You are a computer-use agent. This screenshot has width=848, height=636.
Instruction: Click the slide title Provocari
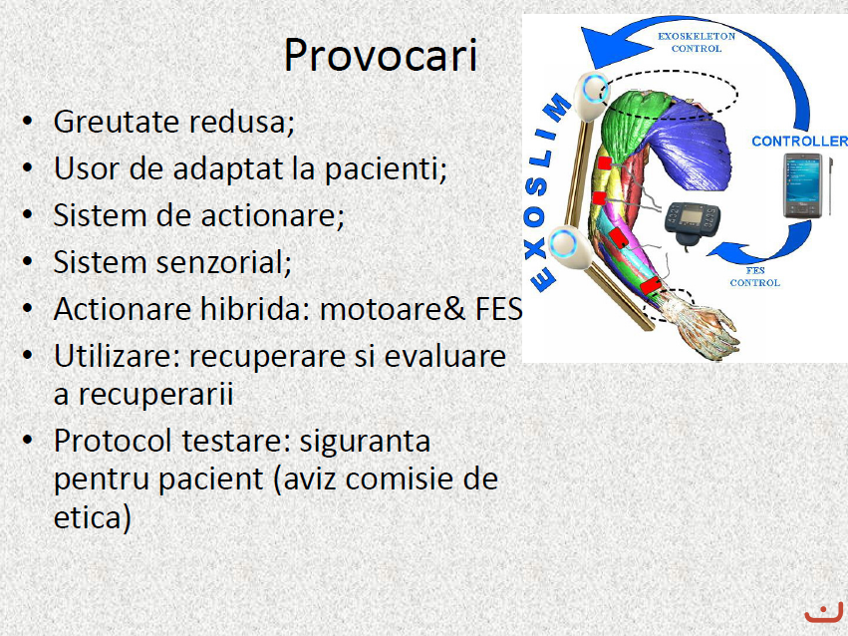(x=381, y=55)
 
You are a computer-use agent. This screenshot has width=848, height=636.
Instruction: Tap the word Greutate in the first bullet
(x=116, y=122)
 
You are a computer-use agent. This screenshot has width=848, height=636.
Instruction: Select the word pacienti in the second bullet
(x=385, y=168)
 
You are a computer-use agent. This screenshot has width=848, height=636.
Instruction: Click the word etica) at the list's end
(x=93, y=518)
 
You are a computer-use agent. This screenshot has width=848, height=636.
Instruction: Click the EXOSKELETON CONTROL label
(x=697, y=42)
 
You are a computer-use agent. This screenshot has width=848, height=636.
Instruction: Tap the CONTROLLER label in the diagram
(x=799, y=142)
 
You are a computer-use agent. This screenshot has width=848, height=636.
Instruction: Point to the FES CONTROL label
(x=755, y=276)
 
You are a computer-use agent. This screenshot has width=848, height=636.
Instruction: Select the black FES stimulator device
(x=693, y=224)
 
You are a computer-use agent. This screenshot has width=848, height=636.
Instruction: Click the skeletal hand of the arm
(x=701, y=325)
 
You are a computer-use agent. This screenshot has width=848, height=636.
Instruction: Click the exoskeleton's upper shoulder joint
(x=592, y=96)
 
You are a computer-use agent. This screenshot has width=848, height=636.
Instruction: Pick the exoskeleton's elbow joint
(x=570, y=246)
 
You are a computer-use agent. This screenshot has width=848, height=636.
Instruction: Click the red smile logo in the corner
(x=824, y=613)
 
